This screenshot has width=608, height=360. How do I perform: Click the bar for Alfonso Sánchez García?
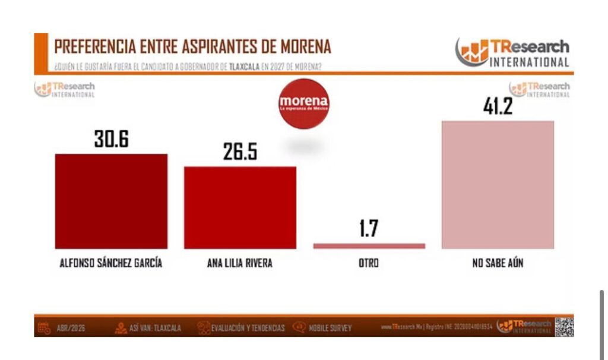pyautogui.click(x=111, y=201)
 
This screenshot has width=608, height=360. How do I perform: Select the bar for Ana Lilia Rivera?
pyautogui.click(x=240, y=207)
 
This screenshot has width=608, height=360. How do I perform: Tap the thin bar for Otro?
pyautogui.click(x=369, y=245)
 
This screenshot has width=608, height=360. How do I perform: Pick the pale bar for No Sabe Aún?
pyautogui.click(x=498, y=185)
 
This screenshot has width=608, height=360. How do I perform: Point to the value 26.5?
pyautogui.click(x=240, y=152)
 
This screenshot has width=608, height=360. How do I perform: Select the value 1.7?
pyautogui.click(x=369, y=229)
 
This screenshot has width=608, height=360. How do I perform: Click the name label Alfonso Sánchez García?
pyautogui.click(x=111, y=263)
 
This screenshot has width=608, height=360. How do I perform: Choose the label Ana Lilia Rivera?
pyautogui.click(x=240, y=263)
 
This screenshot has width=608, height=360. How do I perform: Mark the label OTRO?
pyautogui.click(x=369, y=263)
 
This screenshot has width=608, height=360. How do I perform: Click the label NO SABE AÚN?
pyautogui.click(x=498, y=263)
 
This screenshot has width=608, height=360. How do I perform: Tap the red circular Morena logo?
pyautogui.click(x=303, y=103)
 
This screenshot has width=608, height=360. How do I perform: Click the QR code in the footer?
pyautogui.click(x=564, y=327)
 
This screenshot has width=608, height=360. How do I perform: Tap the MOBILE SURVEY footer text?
pyautogui.click(x=330, y=328)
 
